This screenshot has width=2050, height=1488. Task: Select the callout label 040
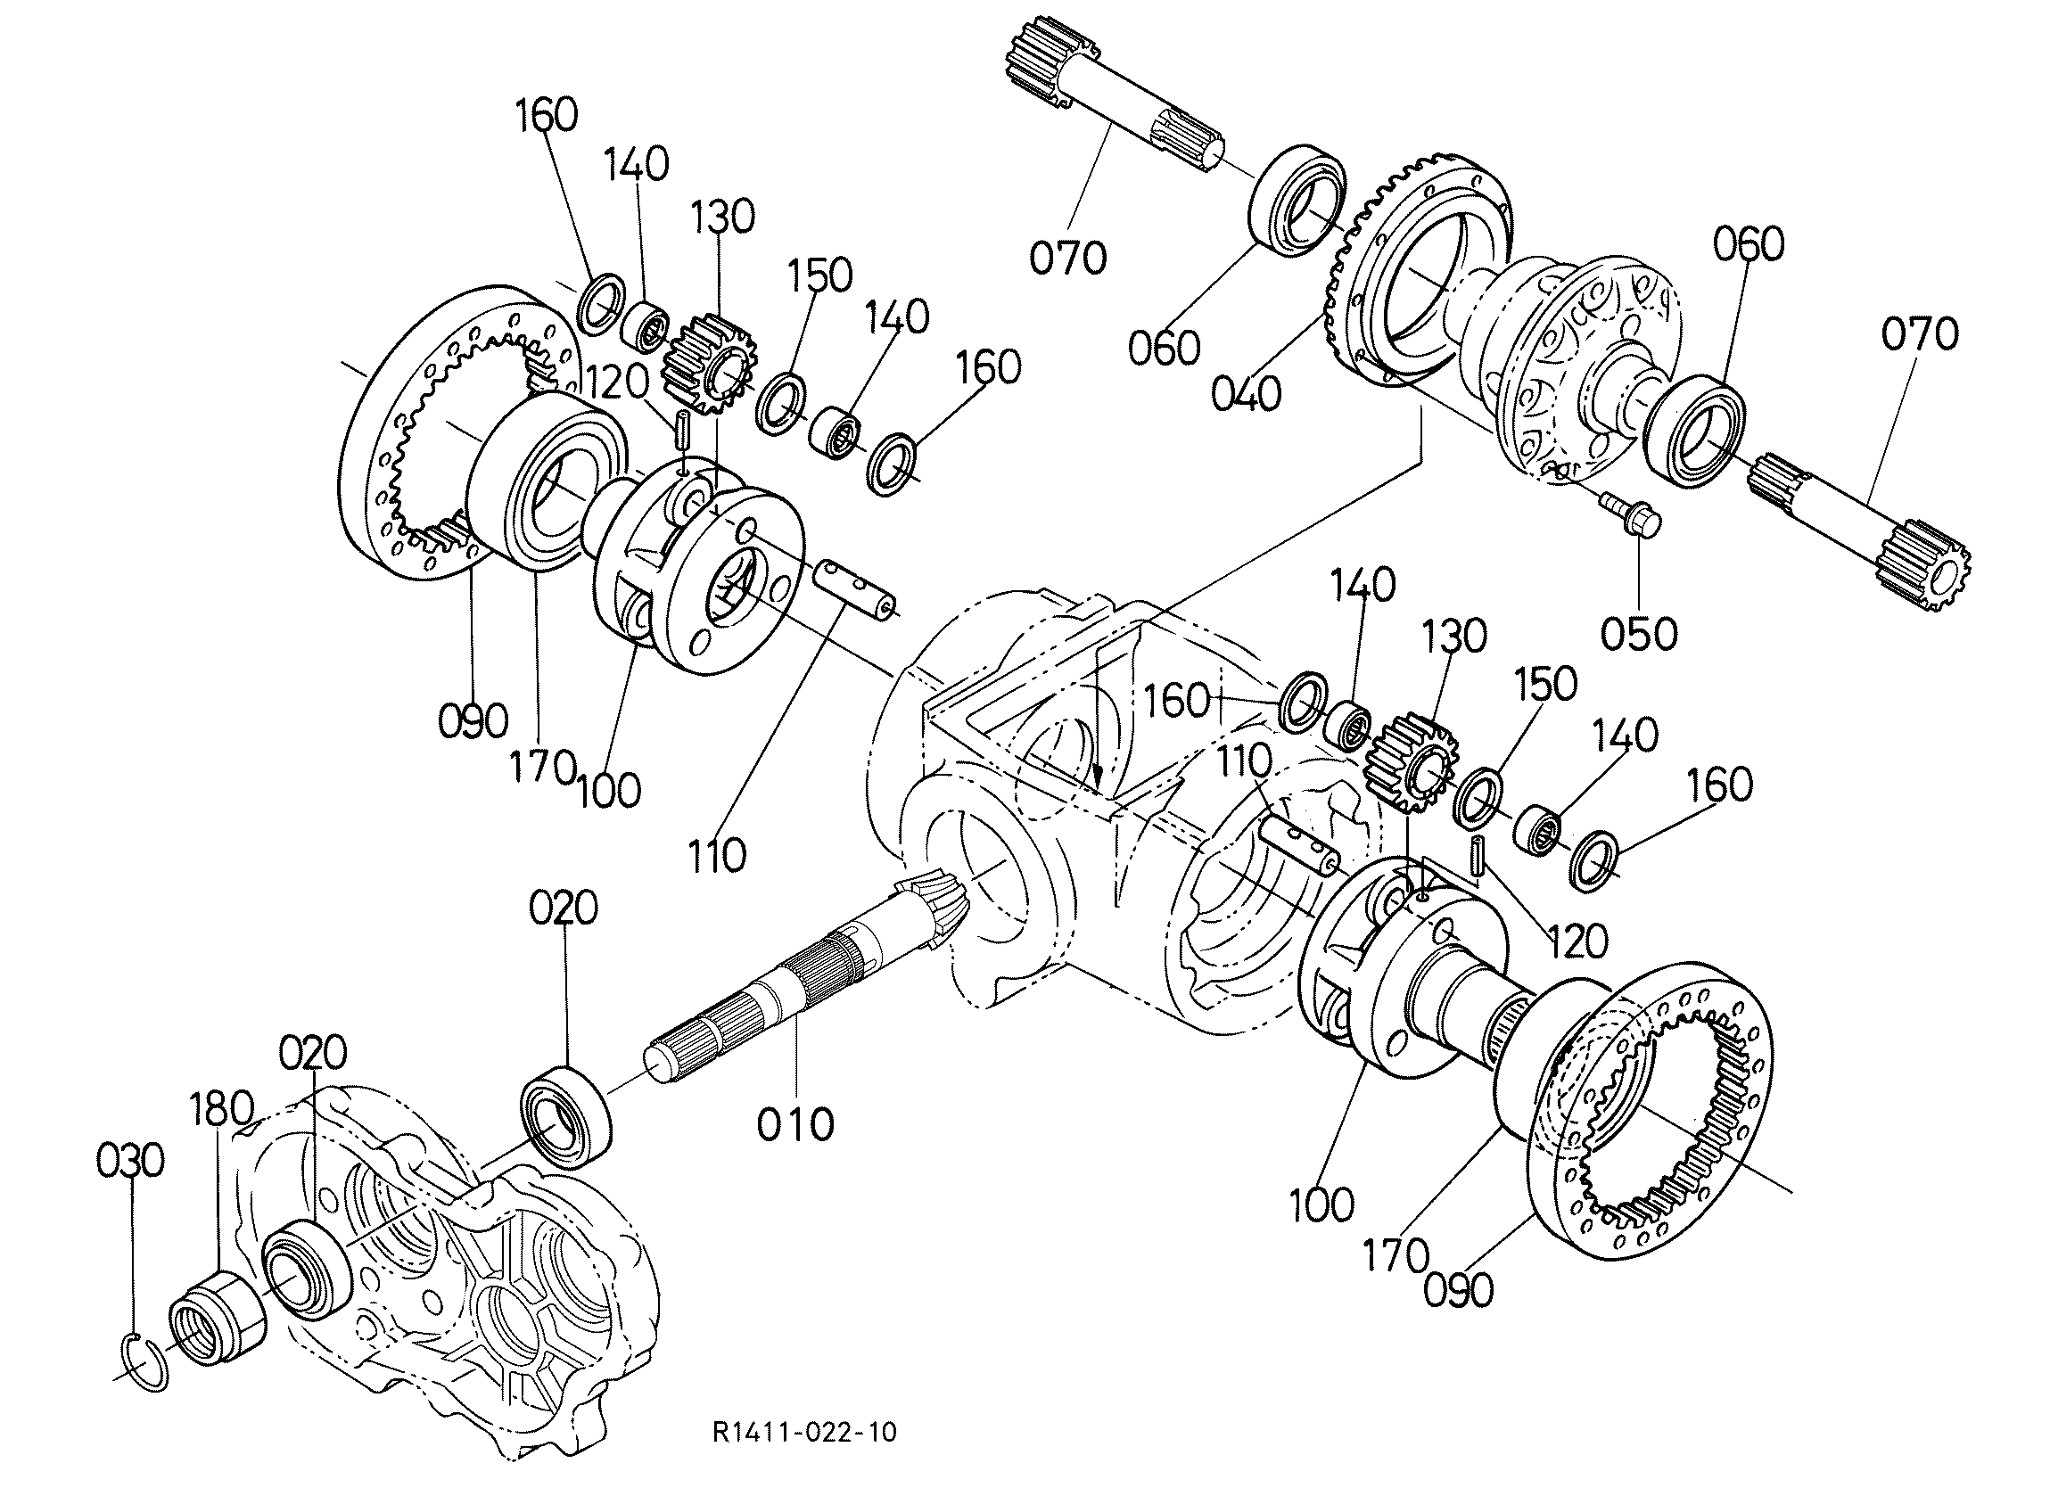1247,394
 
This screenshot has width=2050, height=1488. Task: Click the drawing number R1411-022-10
804,1432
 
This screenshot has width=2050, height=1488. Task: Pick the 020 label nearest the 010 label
564,908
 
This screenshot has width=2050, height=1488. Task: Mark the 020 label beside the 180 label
313,1053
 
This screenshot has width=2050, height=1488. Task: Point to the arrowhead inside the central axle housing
1099,776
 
